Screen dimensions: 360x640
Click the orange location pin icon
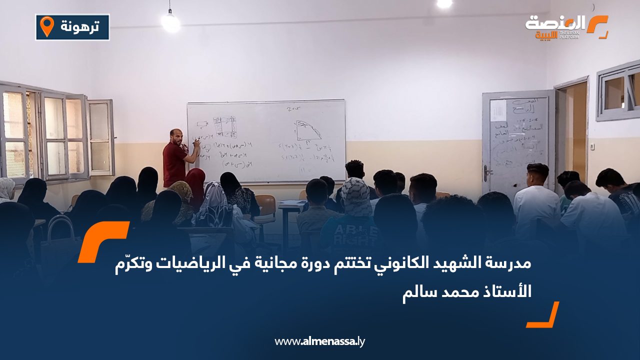tap(47, 26)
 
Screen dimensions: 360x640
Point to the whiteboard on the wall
tap(266, 141)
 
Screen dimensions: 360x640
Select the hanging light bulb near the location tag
tap(170, 21)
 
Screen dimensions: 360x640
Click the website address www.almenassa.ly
tap(320, 341)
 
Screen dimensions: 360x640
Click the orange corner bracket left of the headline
tap(102, 241)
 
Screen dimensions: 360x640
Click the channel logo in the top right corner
tap(566, 27)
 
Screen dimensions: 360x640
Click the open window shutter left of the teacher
tap(100, 137)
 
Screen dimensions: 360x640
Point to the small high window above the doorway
tap(618, 90)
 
